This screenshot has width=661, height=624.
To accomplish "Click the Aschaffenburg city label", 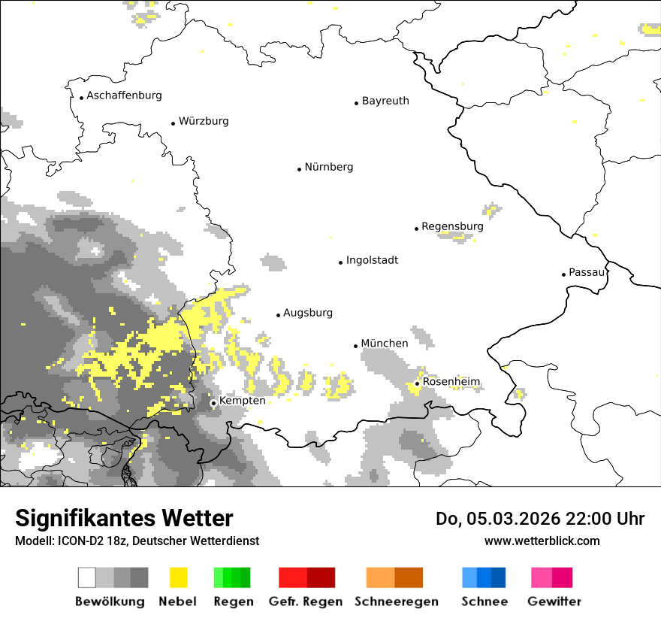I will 124,95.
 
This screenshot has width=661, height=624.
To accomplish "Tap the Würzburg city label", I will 204,121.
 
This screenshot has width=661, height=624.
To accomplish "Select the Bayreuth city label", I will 385,101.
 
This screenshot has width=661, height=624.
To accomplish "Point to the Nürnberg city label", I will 329,167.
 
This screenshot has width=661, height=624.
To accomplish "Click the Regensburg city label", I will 452,226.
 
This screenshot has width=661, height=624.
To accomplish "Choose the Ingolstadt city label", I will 372,260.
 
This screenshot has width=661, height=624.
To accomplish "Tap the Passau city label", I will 587,272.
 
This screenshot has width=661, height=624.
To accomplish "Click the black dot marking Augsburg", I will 278,315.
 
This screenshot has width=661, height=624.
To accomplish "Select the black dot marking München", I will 356,346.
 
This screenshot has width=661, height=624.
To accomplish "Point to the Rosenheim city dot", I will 417,383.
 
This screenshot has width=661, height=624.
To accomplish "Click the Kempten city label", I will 242,401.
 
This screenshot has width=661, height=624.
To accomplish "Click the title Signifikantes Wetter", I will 124,518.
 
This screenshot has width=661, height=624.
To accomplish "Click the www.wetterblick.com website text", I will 542,541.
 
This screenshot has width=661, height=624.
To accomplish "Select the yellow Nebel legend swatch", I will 179,577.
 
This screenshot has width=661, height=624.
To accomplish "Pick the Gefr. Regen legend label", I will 306,601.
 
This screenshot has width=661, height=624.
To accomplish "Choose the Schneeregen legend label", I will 396,601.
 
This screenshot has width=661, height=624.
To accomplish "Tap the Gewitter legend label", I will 554,601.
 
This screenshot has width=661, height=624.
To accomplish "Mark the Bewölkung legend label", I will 110,601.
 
